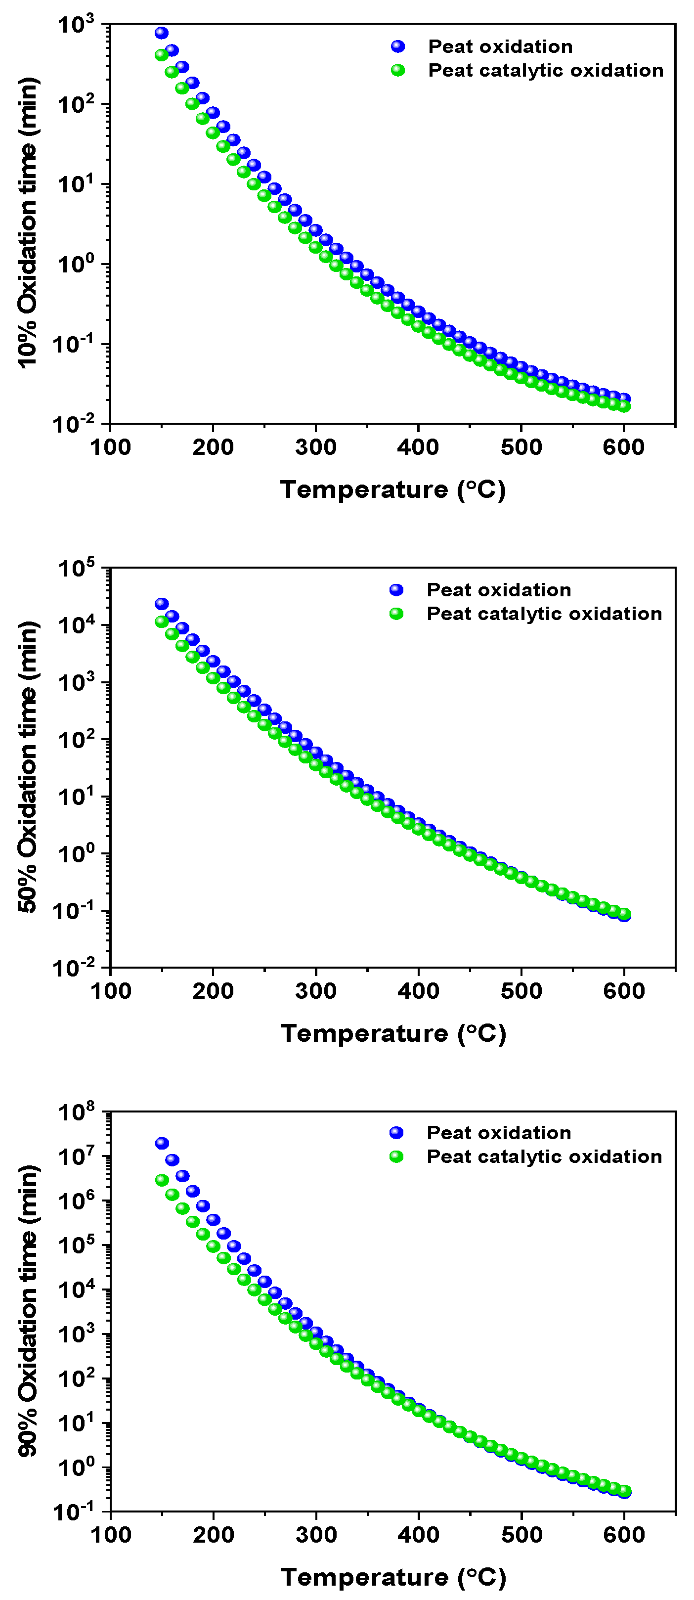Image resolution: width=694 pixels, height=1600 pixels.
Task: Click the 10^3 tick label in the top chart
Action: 76,25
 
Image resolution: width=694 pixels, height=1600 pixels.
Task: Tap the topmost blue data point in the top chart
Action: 162,33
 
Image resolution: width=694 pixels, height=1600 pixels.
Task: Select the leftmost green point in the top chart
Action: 162,55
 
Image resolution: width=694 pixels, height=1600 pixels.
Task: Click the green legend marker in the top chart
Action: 398,70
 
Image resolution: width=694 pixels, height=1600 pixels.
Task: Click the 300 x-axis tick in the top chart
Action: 315,446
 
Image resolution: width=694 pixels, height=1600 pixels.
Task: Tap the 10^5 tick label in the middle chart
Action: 76,568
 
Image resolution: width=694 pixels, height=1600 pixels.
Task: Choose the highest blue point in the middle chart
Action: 162,604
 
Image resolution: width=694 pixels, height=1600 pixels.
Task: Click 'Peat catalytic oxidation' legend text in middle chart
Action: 544,614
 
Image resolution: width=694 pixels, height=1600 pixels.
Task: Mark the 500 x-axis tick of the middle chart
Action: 521,990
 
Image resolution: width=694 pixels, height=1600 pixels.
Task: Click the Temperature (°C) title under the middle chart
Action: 393,1033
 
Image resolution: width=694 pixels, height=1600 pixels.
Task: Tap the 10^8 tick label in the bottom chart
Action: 76,1112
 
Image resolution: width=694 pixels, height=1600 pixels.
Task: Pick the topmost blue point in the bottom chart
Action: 162,1144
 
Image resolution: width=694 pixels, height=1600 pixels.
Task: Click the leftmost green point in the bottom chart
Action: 162,1180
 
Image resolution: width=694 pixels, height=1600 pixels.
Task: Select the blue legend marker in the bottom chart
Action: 396,1133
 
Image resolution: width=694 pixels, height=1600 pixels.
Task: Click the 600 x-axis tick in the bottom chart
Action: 623,1535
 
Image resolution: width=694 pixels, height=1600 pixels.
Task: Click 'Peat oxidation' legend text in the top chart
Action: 500,46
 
